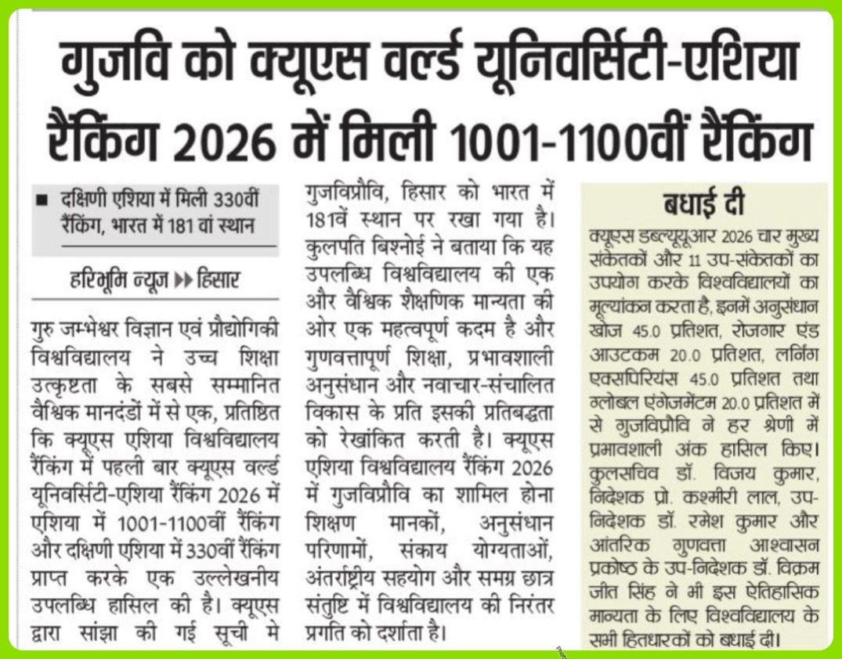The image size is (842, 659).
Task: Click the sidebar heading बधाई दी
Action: [703, 204]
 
